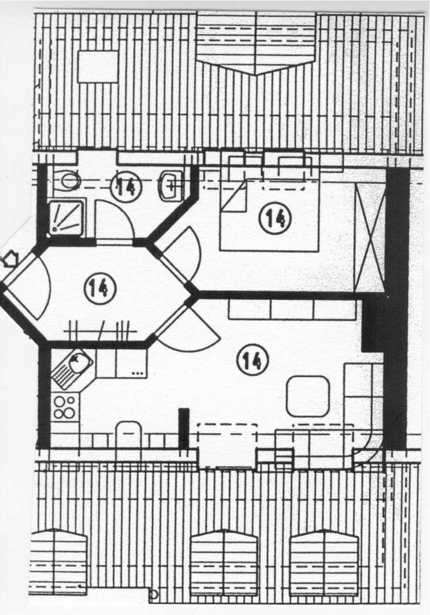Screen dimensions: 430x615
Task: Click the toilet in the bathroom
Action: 67,181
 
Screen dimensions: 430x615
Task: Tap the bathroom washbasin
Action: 170,184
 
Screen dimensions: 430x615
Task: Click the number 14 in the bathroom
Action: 125,186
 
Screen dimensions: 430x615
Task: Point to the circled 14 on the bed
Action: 275,218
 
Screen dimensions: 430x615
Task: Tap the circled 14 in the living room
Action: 252,360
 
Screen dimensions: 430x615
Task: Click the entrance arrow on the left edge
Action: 10,259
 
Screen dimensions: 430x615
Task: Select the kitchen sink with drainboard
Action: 72,370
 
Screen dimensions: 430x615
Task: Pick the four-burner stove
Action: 65,407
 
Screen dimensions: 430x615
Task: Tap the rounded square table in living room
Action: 308,396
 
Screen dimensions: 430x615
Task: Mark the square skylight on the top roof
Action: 98,67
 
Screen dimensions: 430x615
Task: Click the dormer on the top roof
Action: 256,42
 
